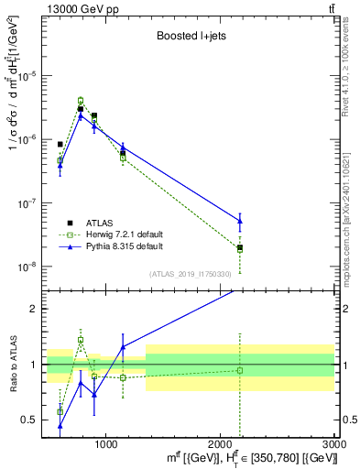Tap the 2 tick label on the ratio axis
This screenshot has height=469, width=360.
tap(34, 309)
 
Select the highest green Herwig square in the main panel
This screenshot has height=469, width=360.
tap(81, 101)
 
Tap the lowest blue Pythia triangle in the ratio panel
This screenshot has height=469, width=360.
tap(60, 425)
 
